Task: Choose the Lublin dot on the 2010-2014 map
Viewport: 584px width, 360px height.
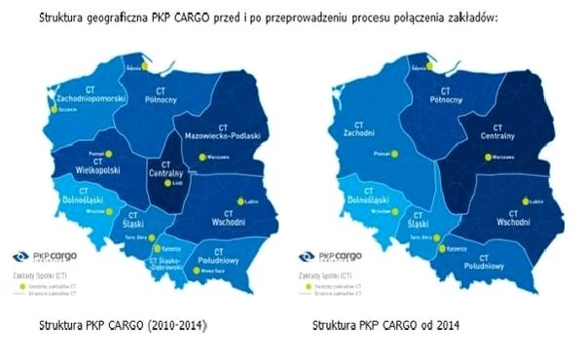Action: click(238, 201)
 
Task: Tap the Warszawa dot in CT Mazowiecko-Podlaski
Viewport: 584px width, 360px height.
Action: click(202, 156)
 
